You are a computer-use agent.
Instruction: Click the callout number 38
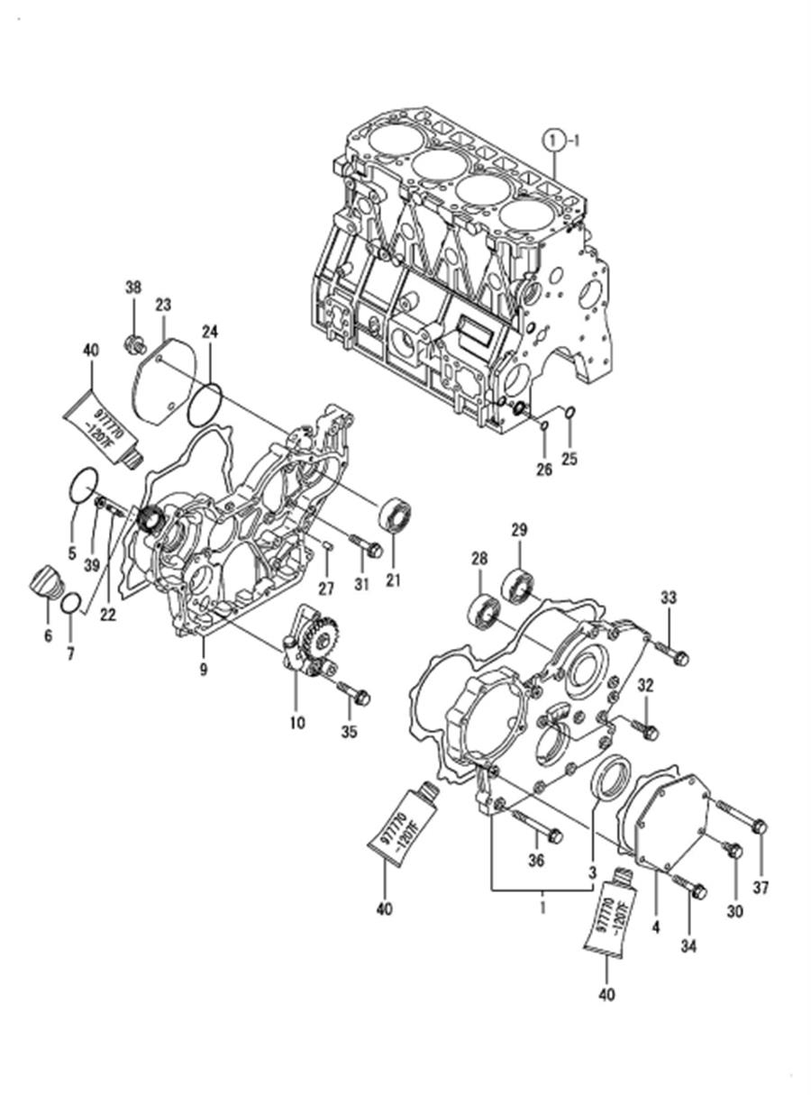point(133,287)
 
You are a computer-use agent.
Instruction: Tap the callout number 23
point(163,305)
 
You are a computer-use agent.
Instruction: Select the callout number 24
point(209,333)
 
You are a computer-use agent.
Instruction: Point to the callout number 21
point(394,581)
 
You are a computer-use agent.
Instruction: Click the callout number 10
point(297,723)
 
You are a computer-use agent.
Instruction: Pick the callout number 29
point(519,530)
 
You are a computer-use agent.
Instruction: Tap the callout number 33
point(669,598)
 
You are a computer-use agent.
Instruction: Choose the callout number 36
point(536,861)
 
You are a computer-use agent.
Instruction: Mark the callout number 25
point(570,459)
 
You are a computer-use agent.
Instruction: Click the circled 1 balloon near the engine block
point(554,141)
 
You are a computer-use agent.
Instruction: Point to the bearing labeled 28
point(485,610)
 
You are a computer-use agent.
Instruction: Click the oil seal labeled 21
point(395,516)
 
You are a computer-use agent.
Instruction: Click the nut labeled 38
point(133,344)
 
